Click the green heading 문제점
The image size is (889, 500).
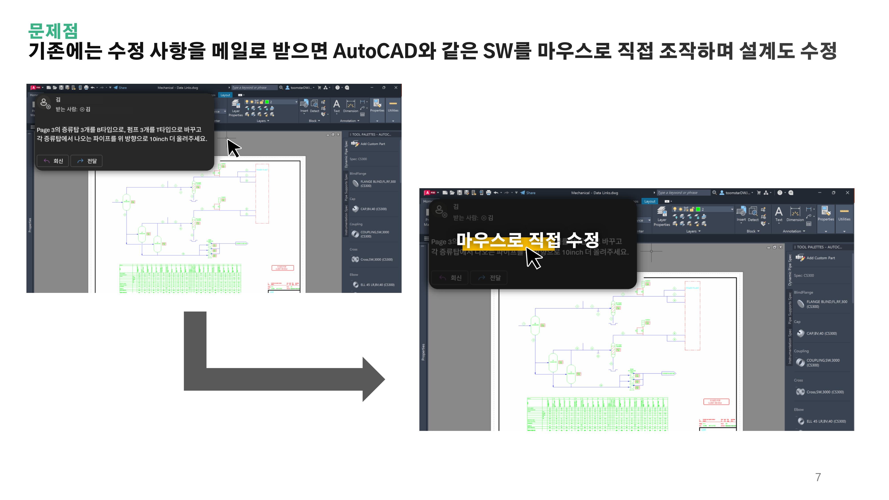click(x=53, y=31)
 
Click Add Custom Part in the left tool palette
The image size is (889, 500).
click(x=372, y=144)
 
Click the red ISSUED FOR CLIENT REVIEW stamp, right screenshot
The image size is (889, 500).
click(x=716, y=402)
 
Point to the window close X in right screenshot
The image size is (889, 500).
click(x=847, y=192)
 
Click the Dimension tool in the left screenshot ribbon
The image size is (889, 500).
click(x=350, y=106)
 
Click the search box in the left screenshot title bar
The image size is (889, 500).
click(x=254, y=88)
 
